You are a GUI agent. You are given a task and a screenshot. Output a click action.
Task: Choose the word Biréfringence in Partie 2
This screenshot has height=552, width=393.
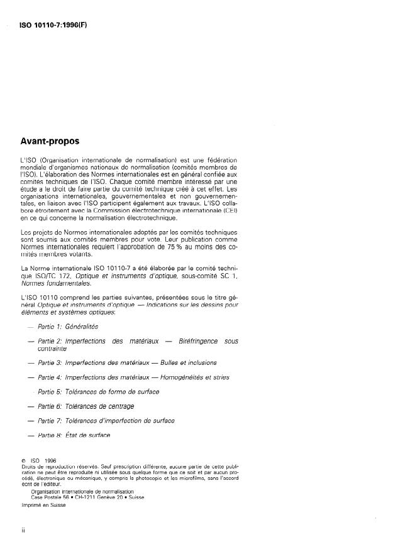[x=198, y=341]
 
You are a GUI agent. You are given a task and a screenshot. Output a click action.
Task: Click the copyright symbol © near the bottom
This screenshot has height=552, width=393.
[x=23, y=460]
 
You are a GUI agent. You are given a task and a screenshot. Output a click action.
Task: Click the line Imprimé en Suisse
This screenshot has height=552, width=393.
[x=42, y=504]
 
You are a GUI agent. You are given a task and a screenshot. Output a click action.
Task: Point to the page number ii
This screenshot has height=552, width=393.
[x=23, y=531]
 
